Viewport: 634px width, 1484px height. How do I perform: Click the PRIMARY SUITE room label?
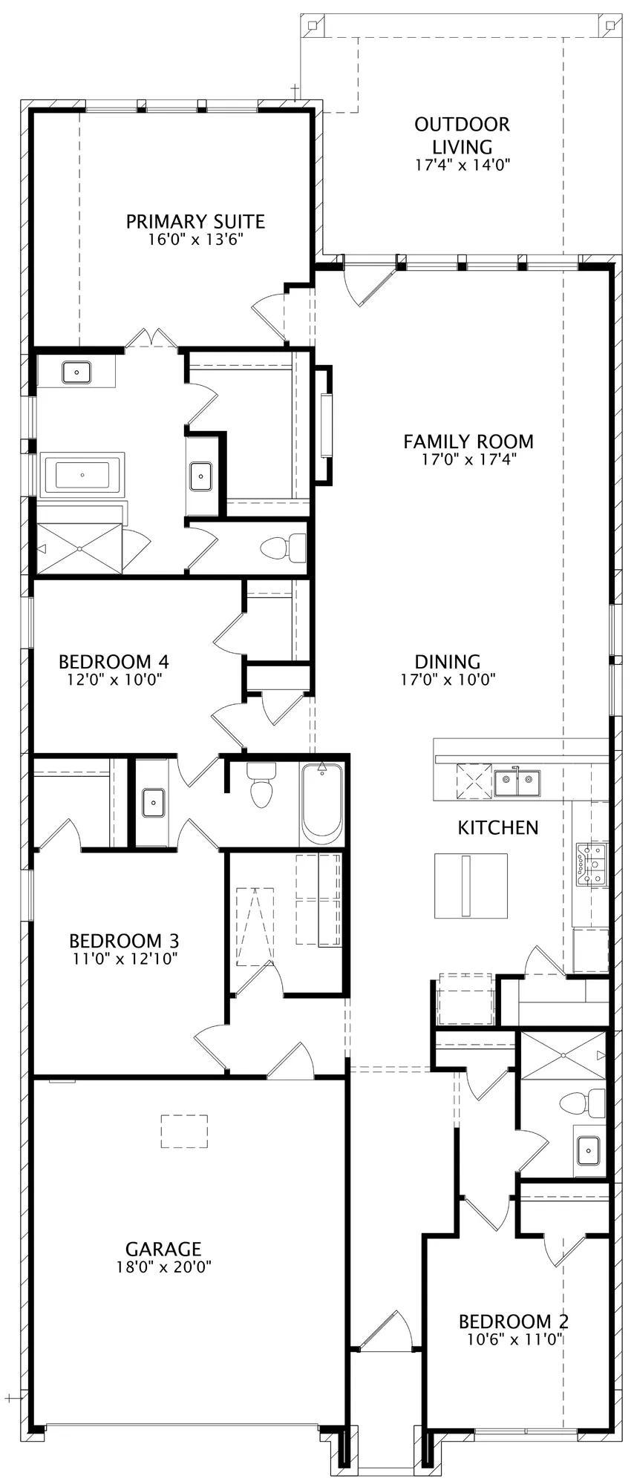tap(195, 221)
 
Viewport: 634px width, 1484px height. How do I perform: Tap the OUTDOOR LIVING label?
tap(463, 135)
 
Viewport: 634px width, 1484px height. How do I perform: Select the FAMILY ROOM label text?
tap(468, 441)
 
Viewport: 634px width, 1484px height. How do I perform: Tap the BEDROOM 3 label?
tap(124, 941)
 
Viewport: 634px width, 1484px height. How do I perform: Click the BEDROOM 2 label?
tap(514, 1321)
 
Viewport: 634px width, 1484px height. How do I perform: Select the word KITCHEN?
tap(498, 827)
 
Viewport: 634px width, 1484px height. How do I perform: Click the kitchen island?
tap(471, 885)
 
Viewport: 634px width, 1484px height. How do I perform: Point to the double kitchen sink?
tap(517, 780)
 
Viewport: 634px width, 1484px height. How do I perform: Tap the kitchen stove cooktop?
tap(594, 864)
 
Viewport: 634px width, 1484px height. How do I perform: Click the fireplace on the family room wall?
tap(324, 425)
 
